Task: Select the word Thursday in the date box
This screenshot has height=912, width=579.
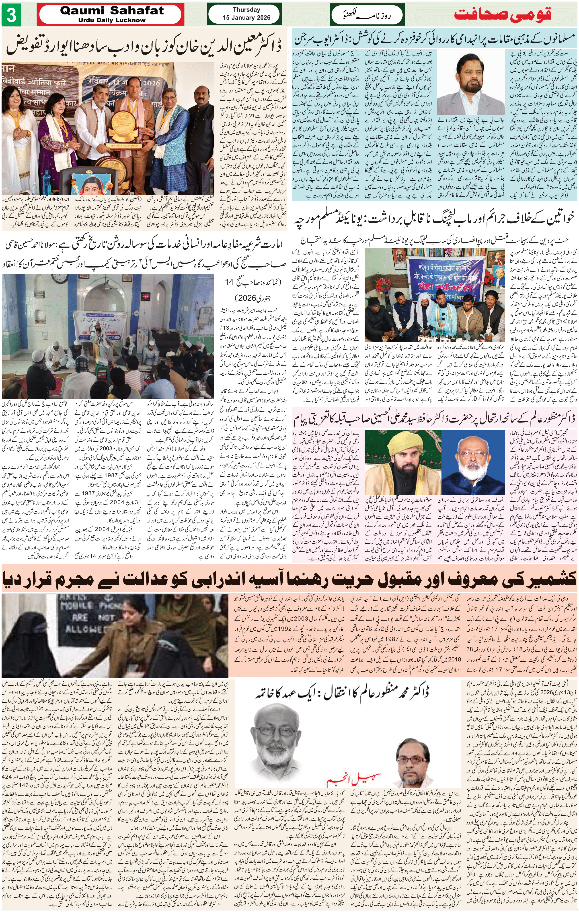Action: tap(246, 10)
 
